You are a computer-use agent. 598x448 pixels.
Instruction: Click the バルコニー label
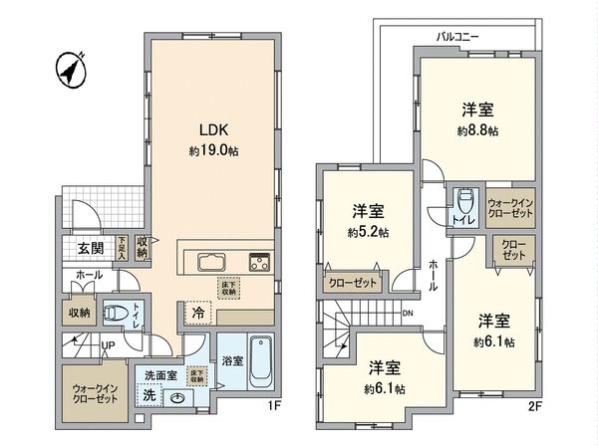(x=457, y=36)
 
